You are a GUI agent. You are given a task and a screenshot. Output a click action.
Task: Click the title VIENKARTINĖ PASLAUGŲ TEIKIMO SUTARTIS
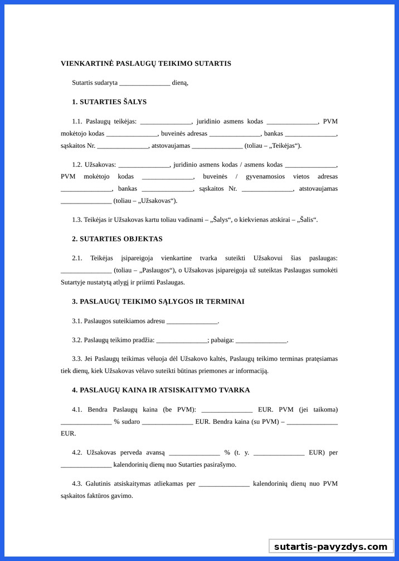coord(145,64)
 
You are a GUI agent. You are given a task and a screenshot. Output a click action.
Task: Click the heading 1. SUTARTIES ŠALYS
coord(109,102)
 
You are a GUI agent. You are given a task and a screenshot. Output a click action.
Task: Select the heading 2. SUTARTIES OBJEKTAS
coord(117,239)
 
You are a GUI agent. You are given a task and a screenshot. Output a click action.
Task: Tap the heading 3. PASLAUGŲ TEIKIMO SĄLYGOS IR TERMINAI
coord(158,301)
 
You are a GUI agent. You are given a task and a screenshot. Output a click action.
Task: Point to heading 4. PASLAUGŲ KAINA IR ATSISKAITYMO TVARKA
coord(160,390)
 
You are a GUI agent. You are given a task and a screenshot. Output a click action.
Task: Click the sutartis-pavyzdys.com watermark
coord(330,547)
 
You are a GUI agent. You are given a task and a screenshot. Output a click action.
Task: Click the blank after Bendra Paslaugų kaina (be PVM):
coord(227,410)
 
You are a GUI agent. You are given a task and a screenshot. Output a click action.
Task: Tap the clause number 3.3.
coord(77,359)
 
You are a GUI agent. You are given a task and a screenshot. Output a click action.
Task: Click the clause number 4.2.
coord(77,452)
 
